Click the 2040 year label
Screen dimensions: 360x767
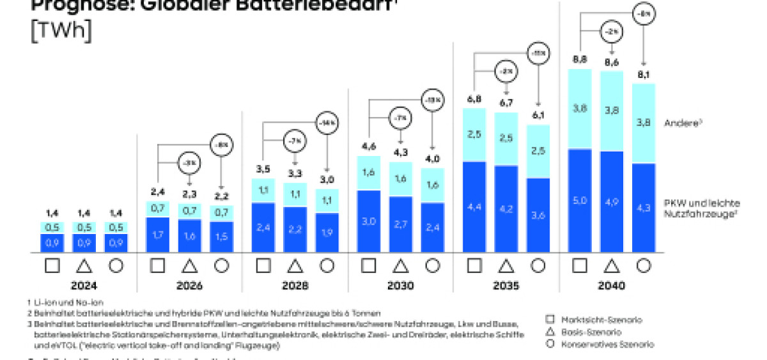(612, 286)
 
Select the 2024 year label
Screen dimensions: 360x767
(84, 286)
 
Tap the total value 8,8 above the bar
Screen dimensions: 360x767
(579, 59)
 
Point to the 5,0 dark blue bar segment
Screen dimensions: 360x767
(579, 200)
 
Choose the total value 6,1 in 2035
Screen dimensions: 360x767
(538, 115)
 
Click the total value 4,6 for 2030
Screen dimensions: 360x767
(368, 147)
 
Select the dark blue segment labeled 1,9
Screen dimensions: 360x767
(327, 232)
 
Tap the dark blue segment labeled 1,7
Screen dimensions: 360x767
(158, 235)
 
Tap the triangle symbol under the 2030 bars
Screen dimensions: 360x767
(401, 265)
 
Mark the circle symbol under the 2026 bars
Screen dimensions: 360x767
(222, 265)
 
